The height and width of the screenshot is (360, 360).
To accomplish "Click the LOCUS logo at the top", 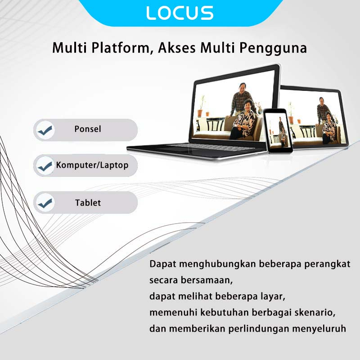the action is pos(180,13).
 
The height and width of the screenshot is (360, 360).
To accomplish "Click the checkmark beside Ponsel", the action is pos(46,130).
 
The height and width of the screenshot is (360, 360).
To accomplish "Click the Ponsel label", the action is pos(88,129).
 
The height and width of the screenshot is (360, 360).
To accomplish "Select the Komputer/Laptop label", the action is pos(92,165).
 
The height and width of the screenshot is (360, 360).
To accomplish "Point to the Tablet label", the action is pos(88,203).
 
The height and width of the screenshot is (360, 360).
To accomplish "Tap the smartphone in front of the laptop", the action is pos(278,131).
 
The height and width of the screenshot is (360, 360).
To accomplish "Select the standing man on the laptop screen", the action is pos(241,99).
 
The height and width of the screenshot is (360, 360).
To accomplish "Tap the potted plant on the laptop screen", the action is pos(201,106).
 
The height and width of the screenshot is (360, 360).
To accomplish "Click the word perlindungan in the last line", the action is pos(258,329).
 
